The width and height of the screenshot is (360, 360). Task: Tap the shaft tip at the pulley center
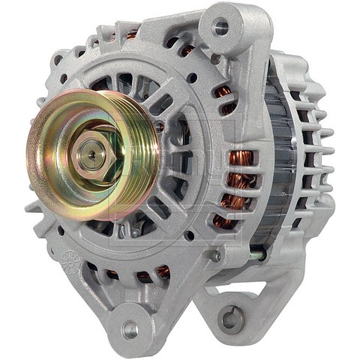91,153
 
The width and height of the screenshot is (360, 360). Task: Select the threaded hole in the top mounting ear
220,28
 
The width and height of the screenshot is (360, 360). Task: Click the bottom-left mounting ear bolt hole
130,328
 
